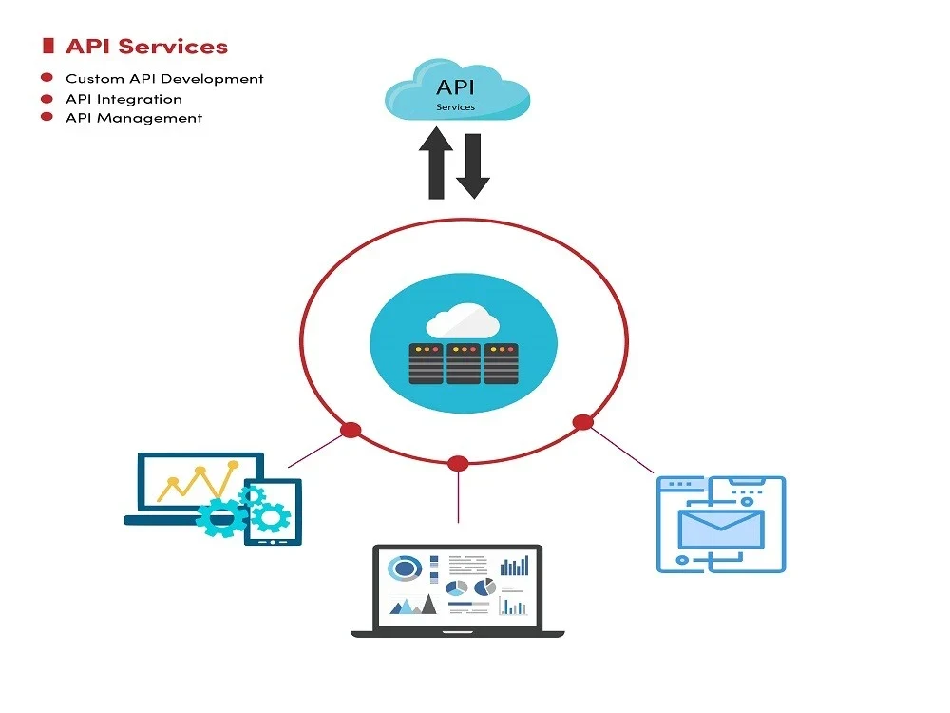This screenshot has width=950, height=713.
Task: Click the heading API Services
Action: coord(146,46)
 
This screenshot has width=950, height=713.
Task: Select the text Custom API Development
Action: coord(164,79)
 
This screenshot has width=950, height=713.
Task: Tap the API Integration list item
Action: coord(123,99)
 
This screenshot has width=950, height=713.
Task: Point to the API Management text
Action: coord(134,119)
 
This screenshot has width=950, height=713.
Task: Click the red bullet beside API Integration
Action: coord(46,99)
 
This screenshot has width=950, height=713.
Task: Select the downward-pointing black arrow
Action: coord(472,166)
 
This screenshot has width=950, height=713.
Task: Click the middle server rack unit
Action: coord(463,363)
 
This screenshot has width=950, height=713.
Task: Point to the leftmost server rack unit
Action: coord(426,363)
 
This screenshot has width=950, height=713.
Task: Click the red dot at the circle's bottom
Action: coord(458,464)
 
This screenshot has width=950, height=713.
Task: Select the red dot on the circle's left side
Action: coord(351,430)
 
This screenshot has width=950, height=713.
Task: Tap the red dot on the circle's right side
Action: coord(582,422)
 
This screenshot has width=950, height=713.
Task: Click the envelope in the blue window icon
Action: coord(720,529)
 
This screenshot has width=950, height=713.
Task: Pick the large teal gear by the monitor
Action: coord(220,517)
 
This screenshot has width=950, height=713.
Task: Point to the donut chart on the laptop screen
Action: coord(406,568)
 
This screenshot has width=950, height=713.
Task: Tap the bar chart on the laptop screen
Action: coord(514,567)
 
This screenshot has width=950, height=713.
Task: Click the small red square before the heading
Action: coord(47,46)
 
